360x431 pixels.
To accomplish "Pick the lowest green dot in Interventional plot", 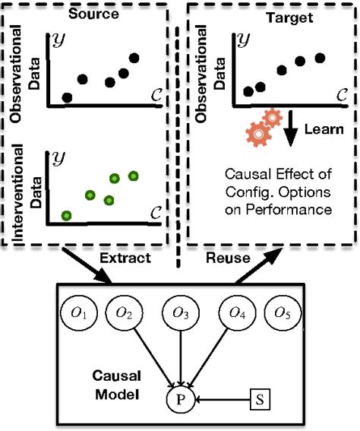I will point(66,216).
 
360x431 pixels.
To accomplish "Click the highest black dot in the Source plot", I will point(134,59).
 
